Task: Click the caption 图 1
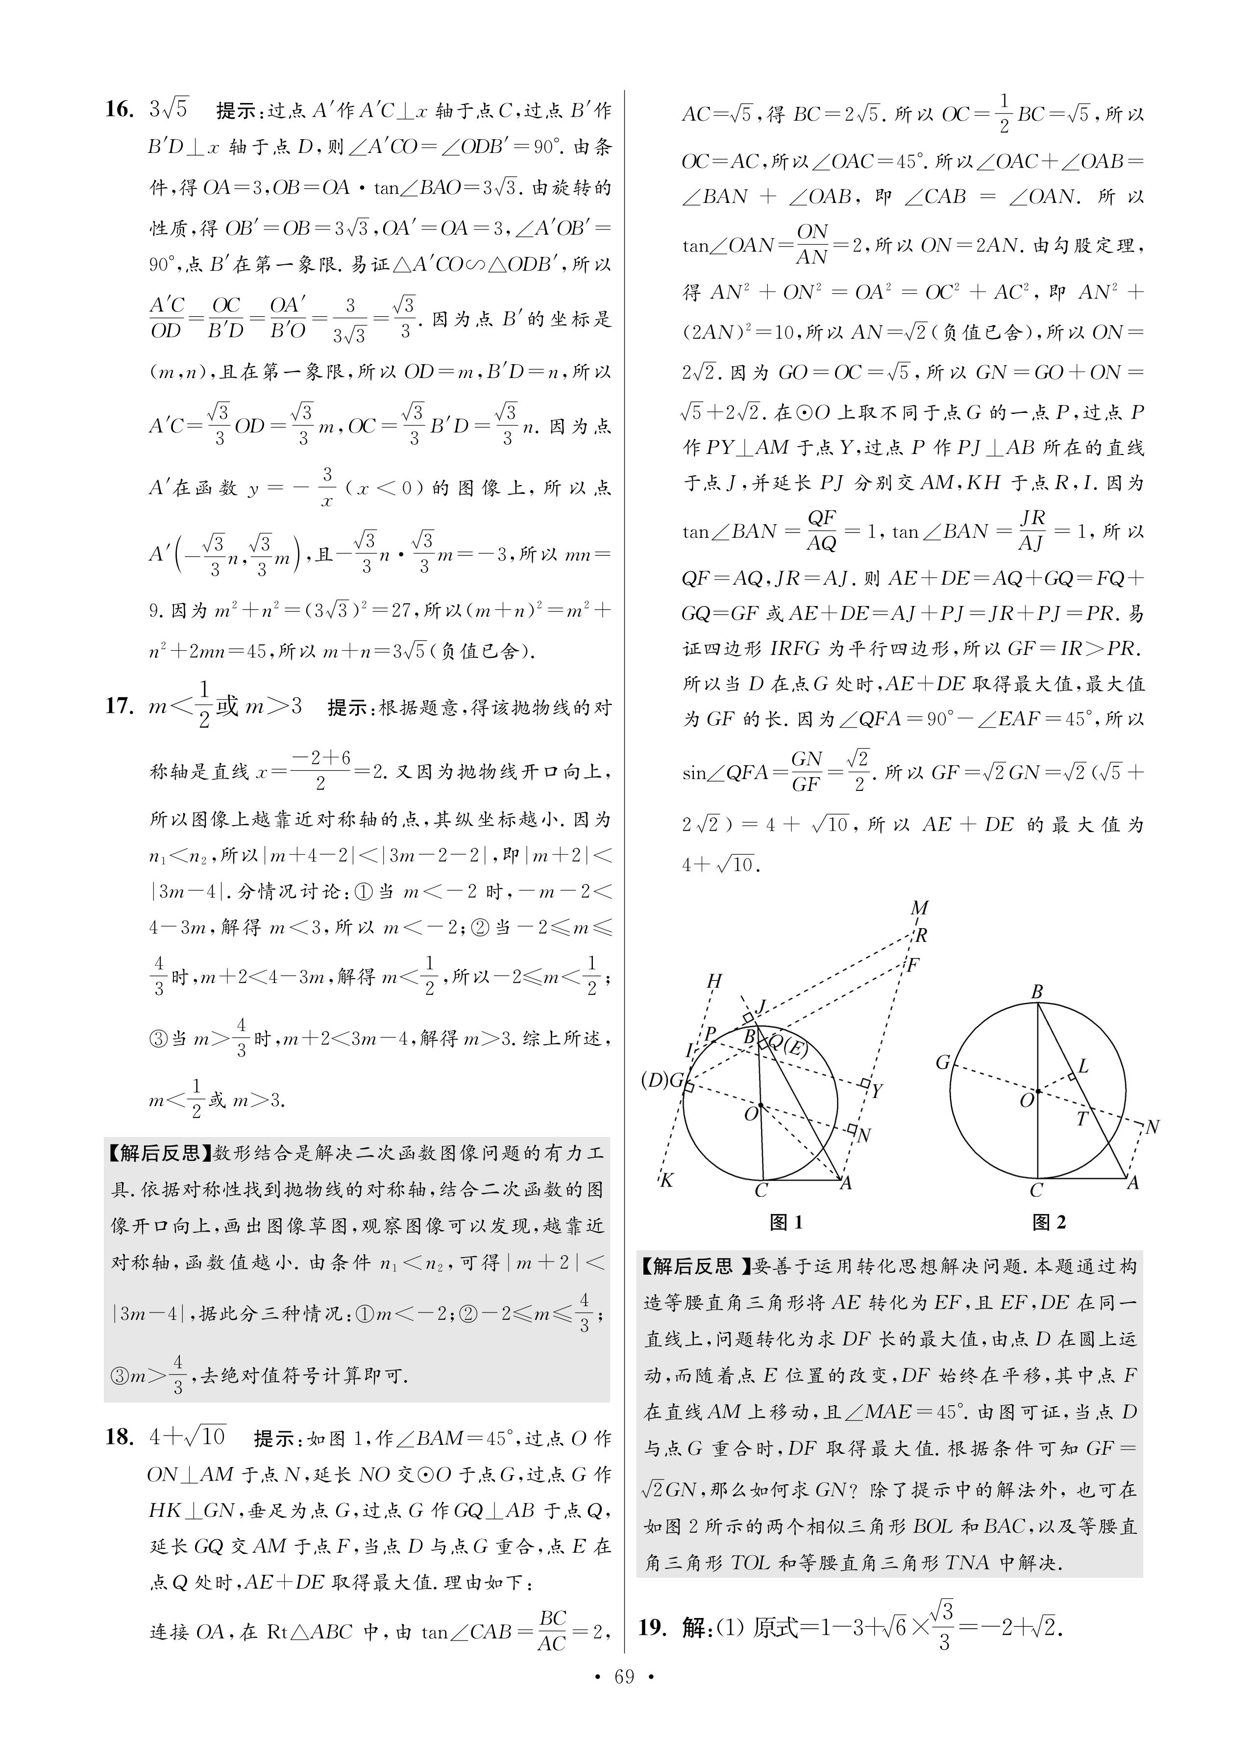[785, 1222]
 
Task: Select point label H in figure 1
[714, 981]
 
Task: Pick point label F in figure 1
[913, 964]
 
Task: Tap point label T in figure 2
[1082, 1119]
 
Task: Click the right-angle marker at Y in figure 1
[864, 1084]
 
